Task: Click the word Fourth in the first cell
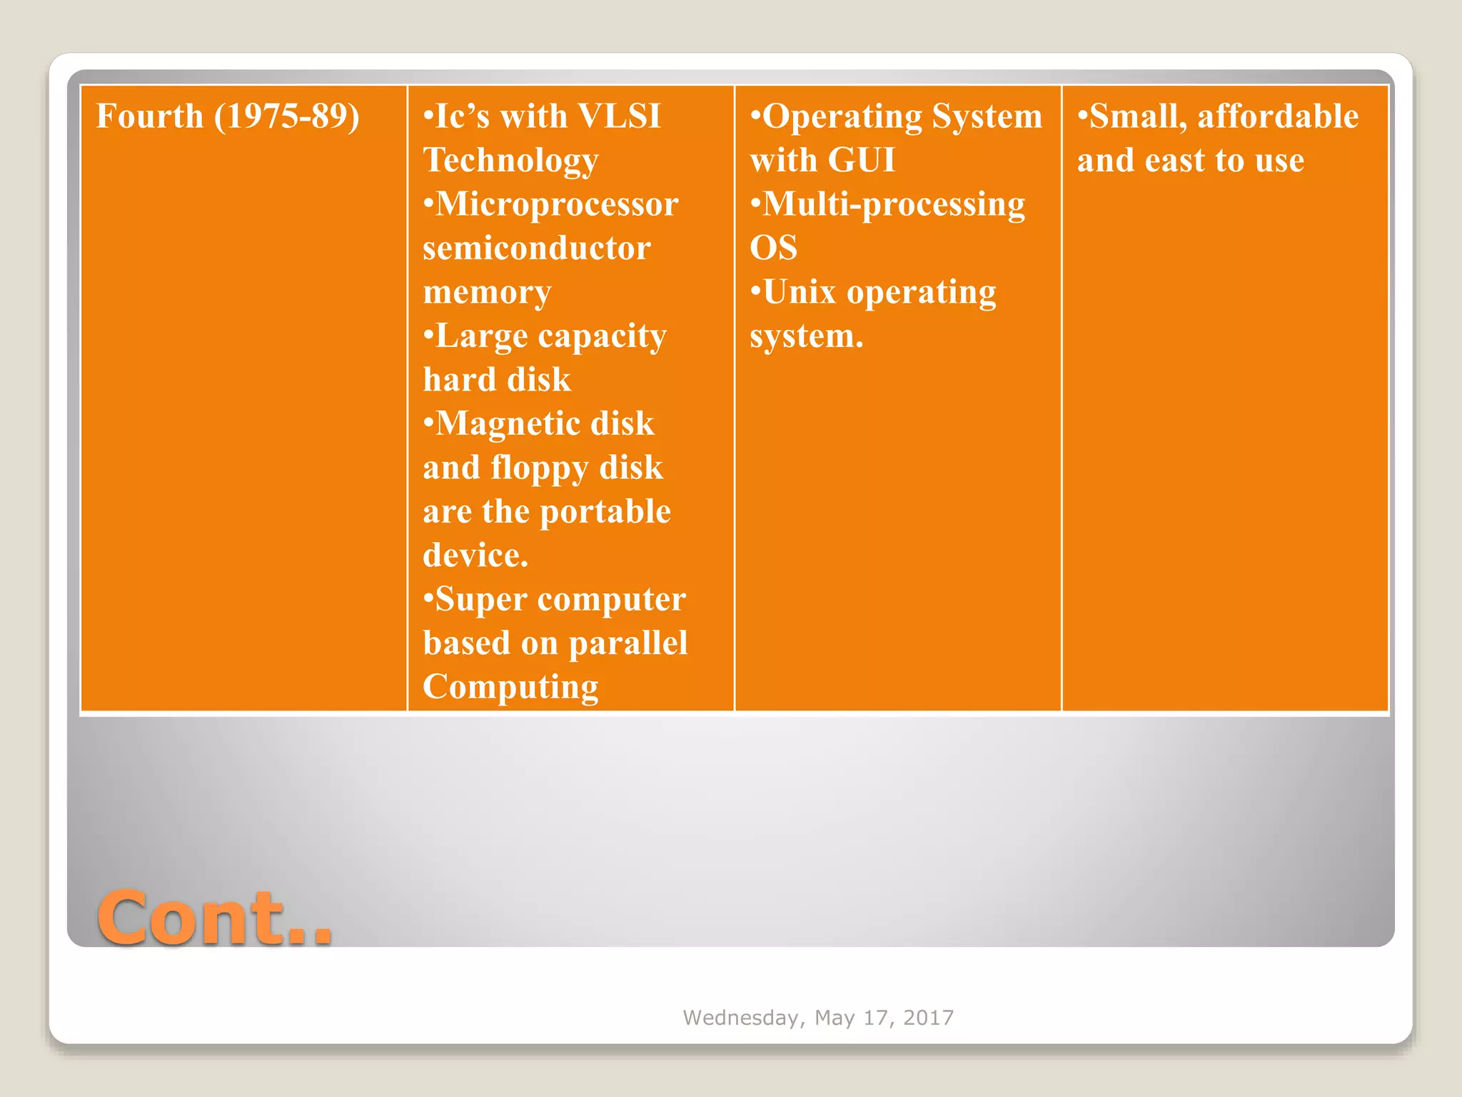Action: point(150,116)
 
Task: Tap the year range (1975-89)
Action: point(287,116)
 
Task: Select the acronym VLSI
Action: point(619,116)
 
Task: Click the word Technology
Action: point(510,161)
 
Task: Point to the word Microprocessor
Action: point(557,204)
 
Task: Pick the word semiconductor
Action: point(537,249)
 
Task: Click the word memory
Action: point(487,293)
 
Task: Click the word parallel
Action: point(628,643)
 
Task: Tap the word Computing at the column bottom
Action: point(510,687)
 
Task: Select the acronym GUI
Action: point(862,160)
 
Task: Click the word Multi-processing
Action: point(894,204)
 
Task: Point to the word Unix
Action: point(799,292)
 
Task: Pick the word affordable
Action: point(1277,116)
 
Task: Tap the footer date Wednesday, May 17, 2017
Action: point(818,1017)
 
